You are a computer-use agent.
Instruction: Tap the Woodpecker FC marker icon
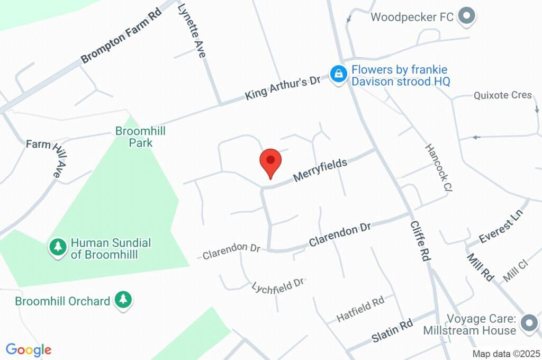[466, 17]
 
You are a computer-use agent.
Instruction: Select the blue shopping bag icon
[338, 75]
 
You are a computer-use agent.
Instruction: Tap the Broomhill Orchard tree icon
[124, 300]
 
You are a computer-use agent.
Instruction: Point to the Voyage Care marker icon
[528, 323]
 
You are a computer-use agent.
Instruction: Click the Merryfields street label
[320, 170]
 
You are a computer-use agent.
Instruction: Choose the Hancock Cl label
[440, 168]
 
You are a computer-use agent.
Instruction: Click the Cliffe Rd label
[419, 240]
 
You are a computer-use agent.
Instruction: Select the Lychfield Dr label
[278, 284]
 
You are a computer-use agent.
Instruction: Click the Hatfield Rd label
[360, 309]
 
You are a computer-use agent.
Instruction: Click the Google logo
[28, 349]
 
